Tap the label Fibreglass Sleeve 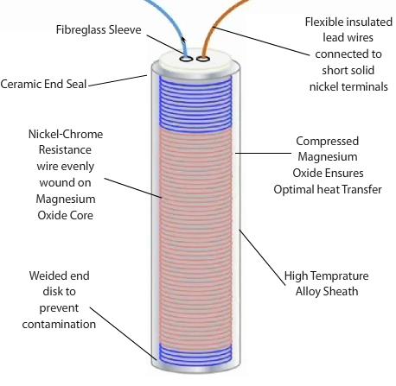[x=99, y=30]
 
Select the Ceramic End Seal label [x=43, y=84]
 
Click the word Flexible [x=324, y=22]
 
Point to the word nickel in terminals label [x=324, y=86]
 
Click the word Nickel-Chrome [x=66, y=134]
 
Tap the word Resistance [x=65, y=150]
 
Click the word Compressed [x=327, y=141]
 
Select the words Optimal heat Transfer [x=328, y=190]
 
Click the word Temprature [x=341, y=275]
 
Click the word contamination [x=59, y=325]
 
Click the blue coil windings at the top [x=195, y=102]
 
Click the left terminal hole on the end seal [x=186, y=59]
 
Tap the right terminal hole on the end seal [x=203, y=59]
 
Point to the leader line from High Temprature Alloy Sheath [x=262, y=257]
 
